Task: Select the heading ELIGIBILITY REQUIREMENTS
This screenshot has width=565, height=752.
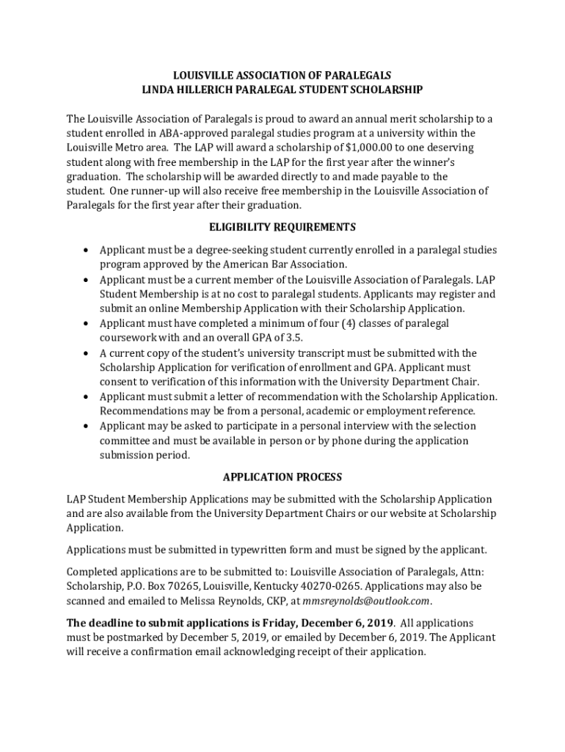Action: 282,226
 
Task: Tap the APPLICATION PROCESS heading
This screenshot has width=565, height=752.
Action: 282,477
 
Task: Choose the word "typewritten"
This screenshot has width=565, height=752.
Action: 260,549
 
